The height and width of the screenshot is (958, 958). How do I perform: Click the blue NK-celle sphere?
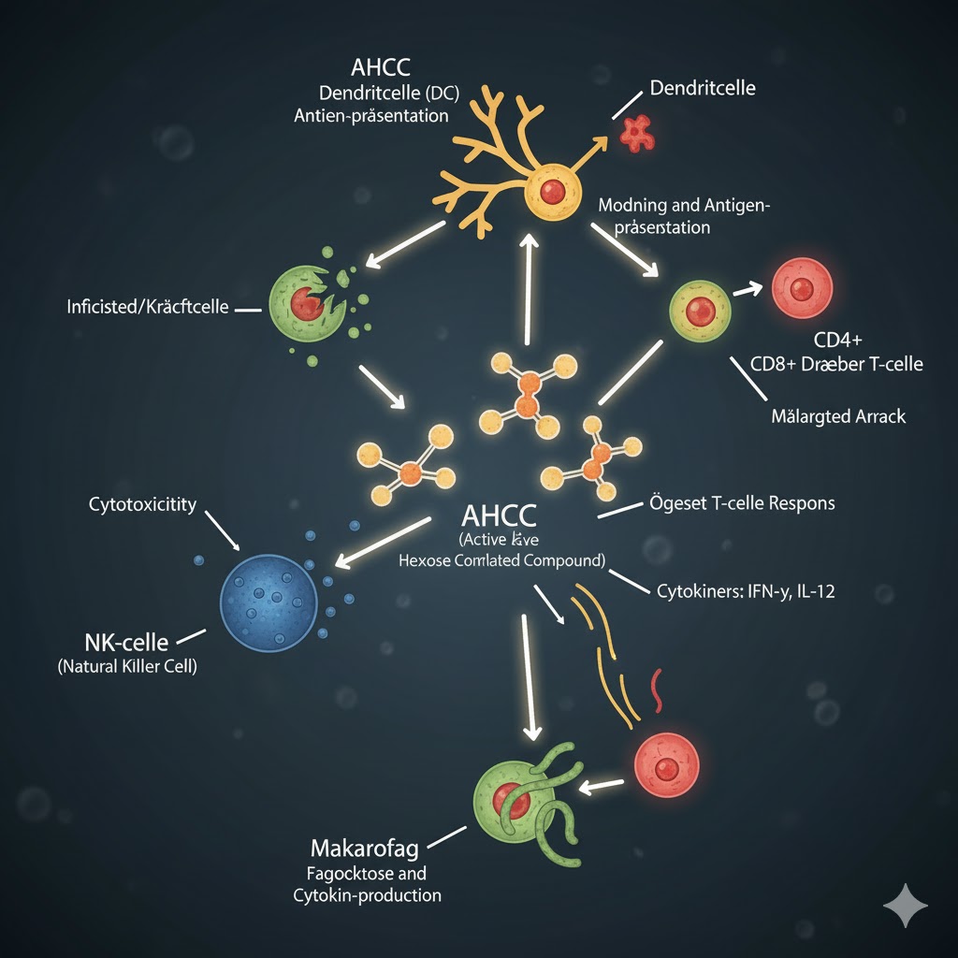coord(266,599)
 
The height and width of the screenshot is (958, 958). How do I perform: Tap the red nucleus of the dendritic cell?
coord(553,192)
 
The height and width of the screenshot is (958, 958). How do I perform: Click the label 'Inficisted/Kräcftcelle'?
coord(148,306)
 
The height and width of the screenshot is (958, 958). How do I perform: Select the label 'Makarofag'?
coord(364,849)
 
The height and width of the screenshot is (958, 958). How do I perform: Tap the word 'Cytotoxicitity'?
coord(142,504)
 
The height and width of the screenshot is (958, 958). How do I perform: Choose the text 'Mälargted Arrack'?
coord(838,415)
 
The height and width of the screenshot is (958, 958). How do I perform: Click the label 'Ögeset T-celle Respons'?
coord(741,502)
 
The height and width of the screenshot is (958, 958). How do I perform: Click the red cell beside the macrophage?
coord(666,768)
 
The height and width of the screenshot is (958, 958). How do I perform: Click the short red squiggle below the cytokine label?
coord(657,689)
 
